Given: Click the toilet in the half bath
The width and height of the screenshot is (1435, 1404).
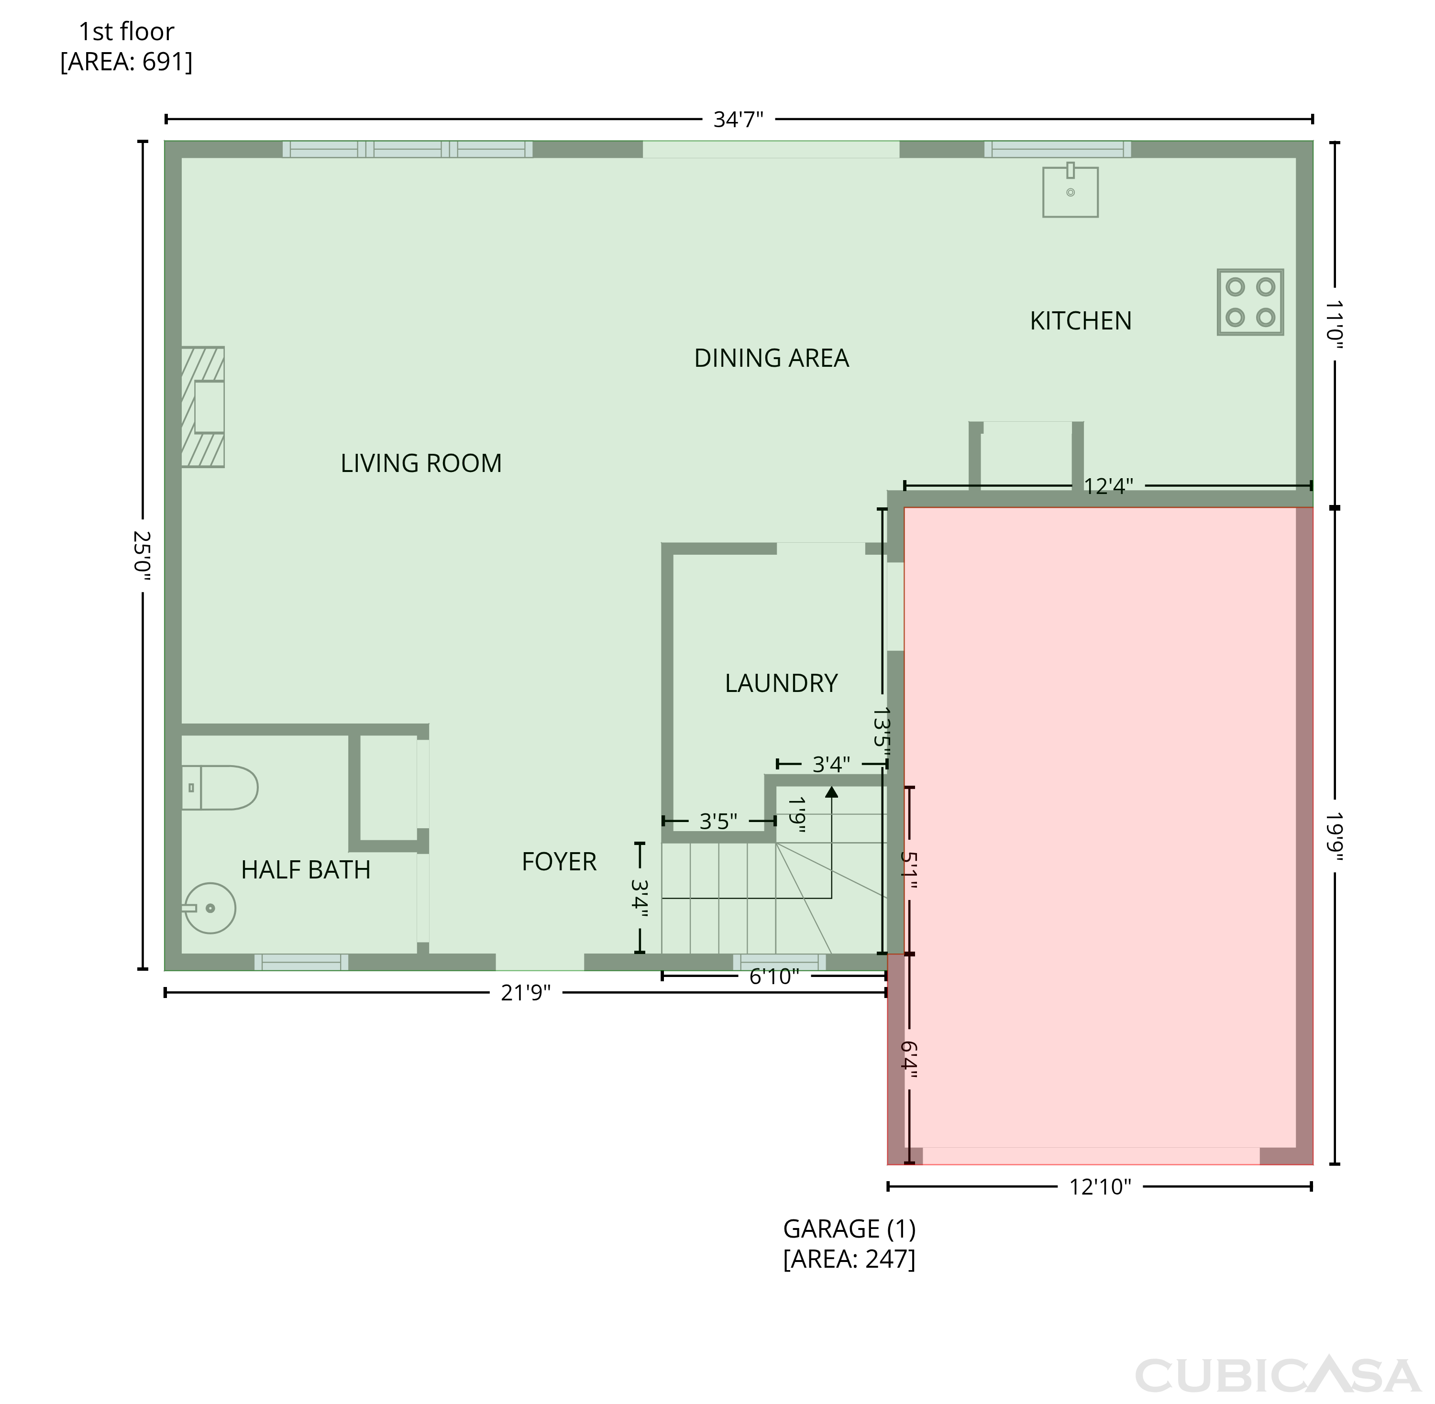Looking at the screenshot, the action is pos(220,788).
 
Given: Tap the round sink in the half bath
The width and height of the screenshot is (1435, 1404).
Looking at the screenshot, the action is pos(210,908).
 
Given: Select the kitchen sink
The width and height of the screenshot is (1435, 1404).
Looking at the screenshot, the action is pos(1070,190).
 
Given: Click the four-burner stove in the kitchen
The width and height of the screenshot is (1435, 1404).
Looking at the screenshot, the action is pos(1250,302).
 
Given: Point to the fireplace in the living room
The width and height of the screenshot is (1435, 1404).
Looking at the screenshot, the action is pos(203,407).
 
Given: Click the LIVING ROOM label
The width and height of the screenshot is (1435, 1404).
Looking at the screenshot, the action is pos(421,463).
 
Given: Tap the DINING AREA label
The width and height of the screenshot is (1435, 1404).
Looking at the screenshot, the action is pos(772,358).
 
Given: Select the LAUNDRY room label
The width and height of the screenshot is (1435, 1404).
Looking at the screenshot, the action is pos(781,683).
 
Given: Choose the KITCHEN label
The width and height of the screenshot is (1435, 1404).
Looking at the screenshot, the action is pos(1080,321).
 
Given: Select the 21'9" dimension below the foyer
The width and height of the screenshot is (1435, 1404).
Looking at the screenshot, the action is pos(526,993).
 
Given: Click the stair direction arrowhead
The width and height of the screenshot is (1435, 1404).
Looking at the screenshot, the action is pos(832,792).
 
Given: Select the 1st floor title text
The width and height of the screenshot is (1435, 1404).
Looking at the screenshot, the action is pos(126,46).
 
